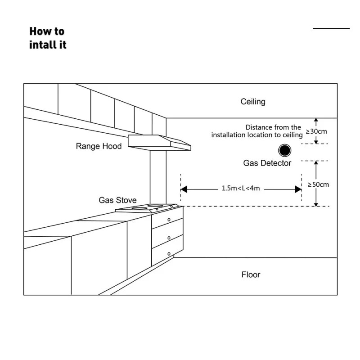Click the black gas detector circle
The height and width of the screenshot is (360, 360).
click(x=284, y=150)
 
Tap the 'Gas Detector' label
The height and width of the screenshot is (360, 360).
click(x=267, y=163)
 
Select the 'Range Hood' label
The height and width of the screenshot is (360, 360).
click(x=99, y=146)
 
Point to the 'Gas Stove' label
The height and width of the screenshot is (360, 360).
click(x=118, y=200)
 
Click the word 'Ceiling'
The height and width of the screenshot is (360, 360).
click(x=253, y=102)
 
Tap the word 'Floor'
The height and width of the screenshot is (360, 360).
click(x=251, y=274)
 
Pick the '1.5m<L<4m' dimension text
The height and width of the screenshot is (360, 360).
click(x=241, y=189)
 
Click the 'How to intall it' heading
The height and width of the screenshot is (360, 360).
click(x=48, y=38)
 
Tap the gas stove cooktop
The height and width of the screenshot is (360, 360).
click(x=148, y=208)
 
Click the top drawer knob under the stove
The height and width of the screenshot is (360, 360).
click(x=169, y=219)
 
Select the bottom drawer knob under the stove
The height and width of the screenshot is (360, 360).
click(x=169, y=254)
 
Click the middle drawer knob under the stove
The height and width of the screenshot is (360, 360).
click(x=169, y=237)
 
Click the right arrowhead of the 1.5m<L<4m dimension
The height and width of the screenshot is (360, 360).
click(x=298, y=189)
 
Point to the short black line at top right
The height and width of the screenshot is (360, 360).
click(x=331, y=28)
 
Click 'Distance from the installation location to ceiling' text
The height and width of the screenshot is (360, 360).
click(x=257, y=131)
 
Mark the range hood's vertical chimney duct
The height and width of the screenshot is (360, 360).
click(x=158, y=175)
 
